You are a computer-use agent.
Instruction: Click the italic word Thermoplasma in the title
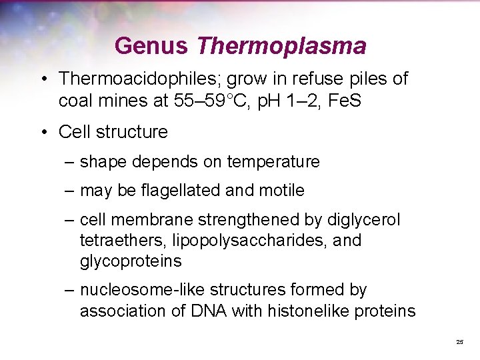pyautogui.click(x=281, y=46)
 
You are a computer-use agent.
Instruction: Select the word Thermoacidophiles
pyautogui.click(x=139, y=79)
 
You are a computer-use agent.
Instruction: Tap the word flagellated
pyautogui.click(x=179, y=191)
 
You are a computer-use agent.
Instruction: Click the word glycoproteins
pyautogui.click(x=130, y=261)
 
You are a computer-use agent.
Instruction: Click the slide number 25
pyautogui.click(x=459, y=341)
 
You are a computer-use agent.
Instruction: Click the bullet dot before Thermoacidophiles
pyautogui.click(x=43, y=79)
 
